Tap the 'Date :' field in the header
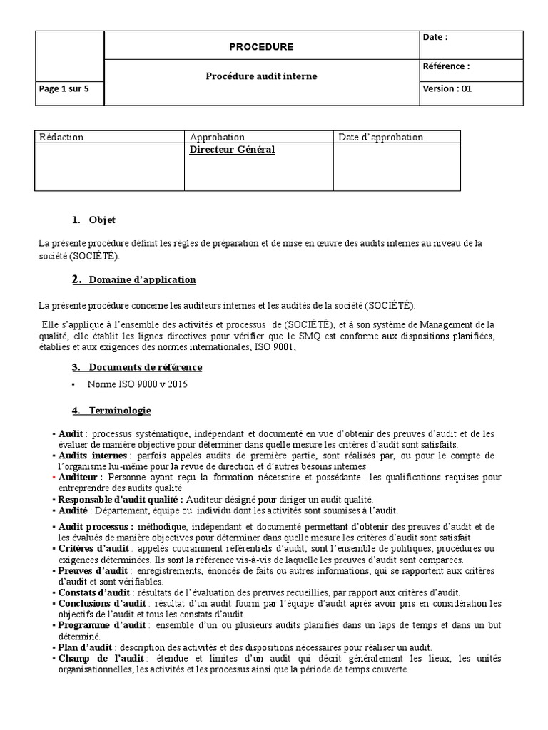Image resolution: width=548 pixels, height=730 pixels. [x=435, y=38]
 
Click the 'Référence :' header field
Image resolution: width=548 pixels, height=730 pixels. [x=446, y=66]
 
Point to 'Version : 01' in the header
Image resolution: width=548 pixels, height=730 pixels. [x=447, y=89]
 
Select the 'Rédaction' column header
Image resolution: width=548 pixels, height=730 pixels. [x=61, y=137]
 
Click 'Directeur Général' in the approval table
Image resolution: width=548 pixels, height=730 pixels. [x=232, y=150]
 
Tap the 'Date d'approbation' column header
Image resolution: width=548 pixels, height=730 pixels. [x=380, y=137]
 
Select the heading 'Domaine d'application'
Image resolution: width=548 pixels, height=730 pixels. [x=142, y=279]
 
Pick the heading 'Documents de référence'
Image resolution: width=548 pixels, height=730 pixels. [x=145, y=367]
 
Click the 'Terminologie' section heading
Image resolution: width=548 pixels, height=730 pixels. [x=119, y=411]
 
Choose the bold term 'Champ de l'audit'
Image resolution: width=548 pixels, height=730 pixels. [x=94, y=659]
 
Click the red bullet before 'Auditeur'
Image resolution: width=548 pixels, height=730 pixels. [x=54, y=478]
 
